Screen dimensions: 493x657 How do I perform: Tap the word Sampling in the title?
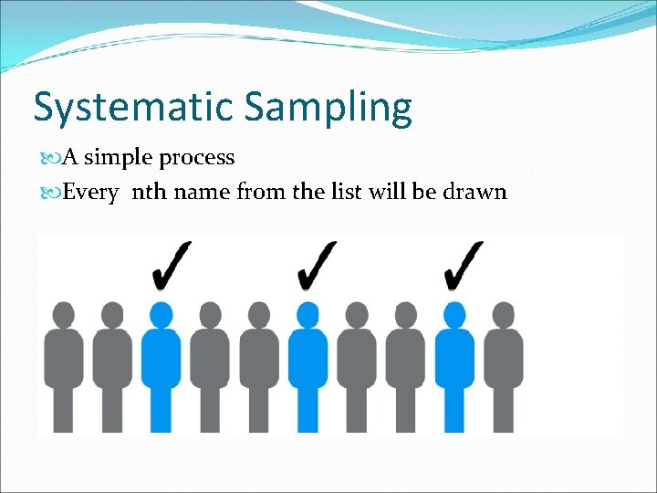coord(328,107)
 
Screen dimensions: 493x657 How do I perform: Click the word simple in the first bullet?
coord(119,158)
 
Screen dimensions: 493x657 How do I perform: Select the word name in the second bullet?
coord(203,193)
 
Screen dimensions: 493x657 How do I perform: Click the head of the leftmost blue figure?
coord(162,314)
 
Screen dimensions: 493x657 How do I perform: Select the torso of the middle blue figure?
coord(308,356)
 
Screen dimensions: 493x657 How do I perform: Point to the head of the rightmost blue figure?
coord(454,314)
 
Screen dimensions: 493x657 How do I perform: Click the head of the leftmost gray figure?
coord(64,314)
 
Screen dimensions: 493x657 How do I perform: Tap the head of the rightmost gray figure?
coord(504,314)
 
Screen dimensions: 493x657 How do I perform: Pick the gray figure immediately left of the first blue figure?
coord(112,365)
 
